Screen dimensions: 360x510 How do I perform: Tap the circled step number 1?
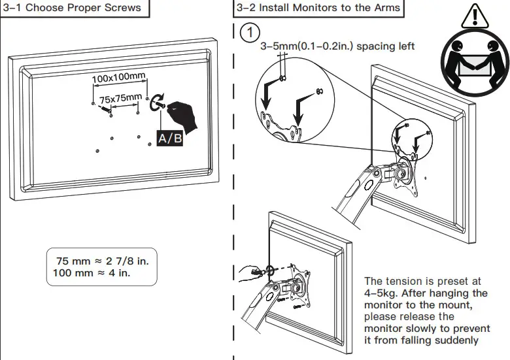point(249,32)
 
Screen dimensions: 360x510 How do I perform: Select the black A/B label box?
point(169,139)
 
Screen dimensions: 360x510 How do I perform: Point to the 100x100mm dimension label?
point(118,78)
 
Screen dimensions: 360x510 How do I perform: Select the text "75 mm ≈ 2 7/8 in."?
point(103,261)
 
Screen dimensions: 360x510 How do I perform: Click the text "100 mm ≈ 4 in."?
point(89,272)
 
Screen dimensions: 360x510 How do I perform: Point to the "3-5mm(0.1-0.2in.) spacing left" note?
point(337,47)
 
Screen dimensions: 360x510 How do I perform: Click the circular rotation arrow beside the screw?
point(158,105)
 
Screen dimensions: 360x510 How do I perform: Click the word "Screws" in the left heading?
point(123,8)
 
